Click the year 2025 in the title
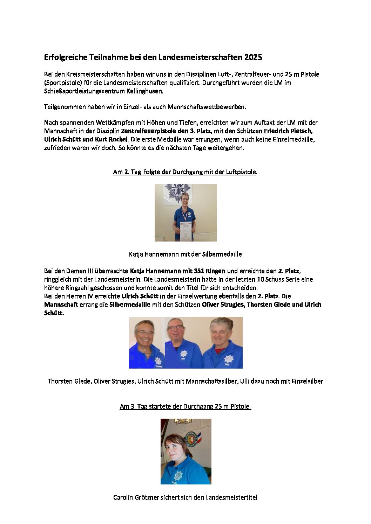253,57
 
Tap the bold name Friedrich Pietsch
288,131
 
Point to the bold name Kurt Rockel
111,139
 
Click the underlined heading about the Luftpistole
185,172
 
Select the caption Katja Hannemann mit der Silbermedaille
185,254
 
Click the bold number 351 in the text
199,271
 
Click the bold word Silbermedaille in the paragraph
130,305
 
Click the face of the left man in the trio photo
144,333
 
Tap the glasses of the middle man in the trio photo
175,328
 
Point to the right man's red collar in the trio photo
219,350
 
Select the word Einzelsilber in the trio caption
307,381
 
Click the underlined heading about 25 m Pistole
185,406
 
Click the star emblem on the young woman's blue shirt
178,475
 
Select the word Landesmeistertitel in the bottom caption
231,497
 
